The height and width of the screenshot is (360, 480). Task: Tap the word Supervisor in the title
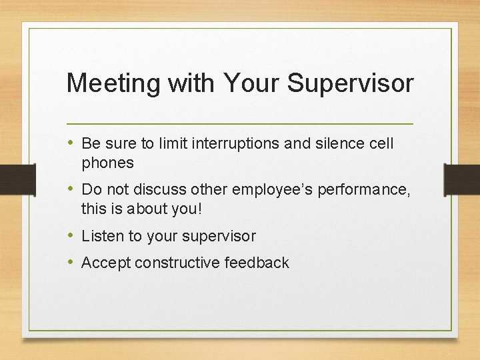click(x=351, y=83)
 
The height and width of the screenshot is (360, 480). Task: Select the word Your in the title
click(x=251, y=83)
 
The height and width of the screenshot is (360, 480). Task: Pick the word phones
click(x=107, y=163)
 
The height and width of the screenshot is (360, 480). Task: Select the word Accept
click(x=106, y=263)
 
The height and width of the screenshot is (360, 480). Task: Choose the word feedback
click(x=257, y=263)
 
